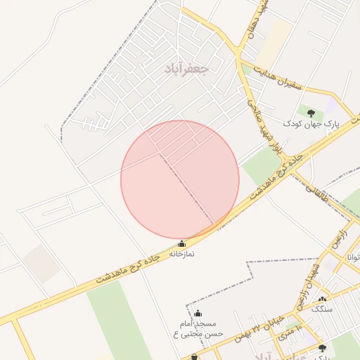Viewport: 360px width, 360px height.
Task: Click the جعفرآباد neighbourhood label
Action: click(186, 68)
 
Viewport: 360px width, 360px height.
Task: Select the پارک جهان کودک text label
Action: click(311, 123)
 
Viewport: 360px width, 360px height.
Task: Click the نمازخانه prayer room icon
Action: click(183, 243)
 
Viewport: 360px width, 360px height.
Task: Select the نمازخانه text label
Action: click(181, 253)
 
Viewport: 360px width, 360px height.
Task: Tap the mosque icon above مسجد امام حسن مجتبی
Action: click(198, 314)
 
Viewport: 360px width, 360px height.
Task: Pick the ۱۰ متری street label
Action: click(289, 333)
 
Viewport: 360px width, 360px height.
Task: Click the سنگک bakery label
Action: click(322, 309)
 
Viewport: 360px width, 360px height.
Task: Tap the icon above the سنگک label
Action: click(322, 300)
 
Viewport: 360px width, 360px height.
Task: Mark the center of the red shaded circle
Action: click(180, 179)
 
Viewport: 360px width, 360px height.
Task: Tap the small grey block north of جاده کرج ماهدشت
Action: click(40, 263)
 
